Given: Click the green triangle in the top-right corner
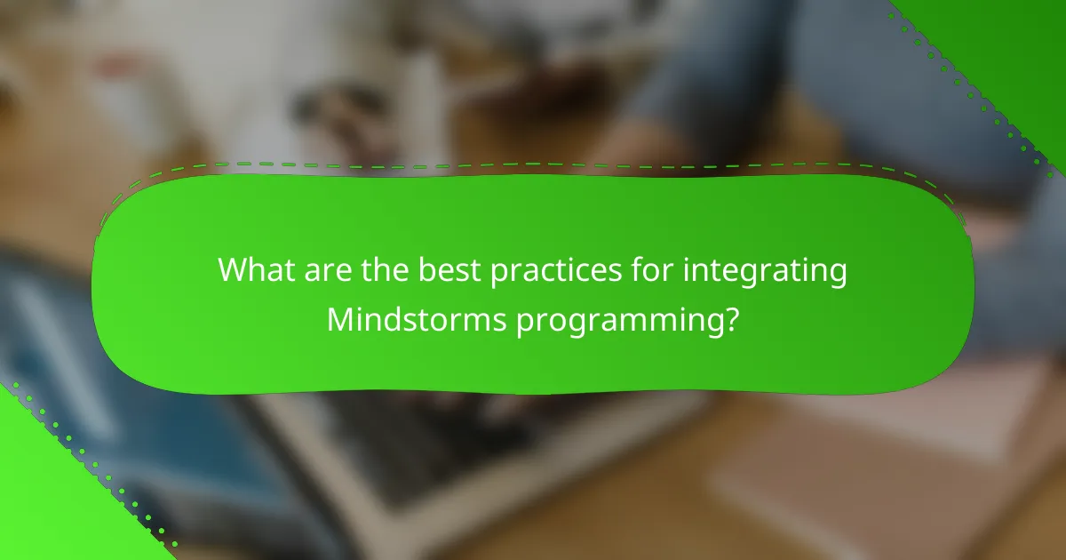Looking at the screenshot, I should click(x=1013, y=44).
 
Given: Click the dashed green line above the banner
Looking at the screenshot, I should click(x=533, y=164).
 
